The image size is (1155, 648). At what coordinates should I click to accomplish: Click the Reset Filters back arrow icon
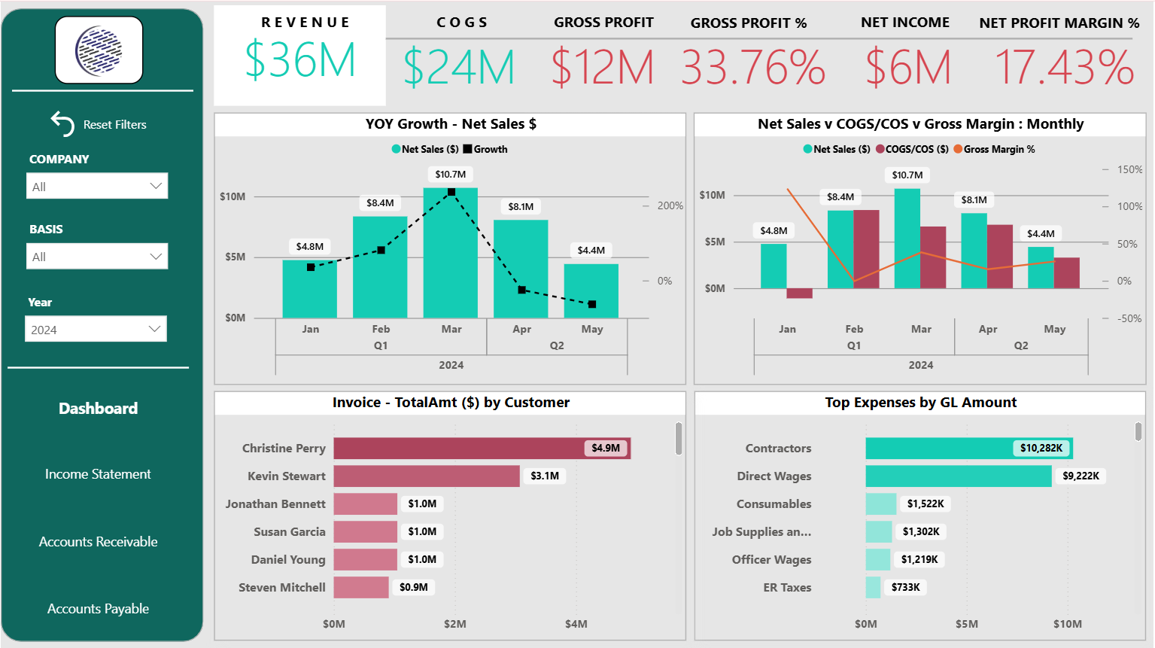coord(62,123)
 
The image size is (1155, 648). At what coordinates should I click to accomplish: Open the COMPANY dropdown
coord(97,186)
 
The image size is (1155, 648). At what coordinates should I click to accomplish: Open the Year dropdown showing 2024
coord(96,329)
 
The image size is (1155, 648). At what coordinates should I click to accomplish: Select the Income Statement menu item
coord(98,474)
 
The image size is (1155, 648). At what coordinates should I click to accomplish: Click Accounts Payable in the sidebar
coord(98,609)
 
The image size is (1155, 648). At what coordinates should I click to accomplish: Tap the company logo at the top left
coord(99,50)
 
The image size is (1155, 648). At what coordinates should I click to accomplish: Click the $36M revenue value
coord(299,61)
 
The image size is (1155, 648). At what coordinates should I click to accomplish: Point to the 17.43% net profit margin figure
coord(1064,67)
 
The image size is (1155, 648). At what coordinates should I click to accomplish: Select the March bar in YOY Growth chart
coord(451,256)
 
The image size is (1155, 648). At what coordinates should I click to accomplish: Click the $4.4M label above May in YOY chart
coord(591,250)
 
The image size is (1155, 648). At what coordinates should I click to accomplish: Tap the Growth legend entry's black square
coord(467,149)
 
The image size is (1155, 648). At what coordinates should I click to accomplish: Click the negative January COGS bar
coord(799,294)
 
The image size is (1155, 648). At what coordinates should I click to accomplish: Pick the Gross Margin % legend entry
coord(994,149)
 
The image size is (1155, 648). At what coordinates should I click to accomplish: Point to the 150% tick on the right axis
coord(1129,169)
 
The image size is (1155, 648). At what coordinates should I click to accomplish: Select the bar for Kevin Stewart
coord(427,476)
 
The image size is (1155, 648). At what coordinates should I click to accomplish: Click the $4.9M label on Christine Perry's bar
coord(606,448)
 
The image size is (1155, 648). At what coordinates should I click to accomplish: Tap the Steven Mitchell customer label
coord(282,587)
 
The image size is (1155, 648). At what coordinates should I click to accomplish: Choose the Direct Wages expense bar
coord(958,476)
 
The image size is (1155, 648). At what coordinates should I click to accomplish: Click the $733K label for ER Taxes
coord(905,587)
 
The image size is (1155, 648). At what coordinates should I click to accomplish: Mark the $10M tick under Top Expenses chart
coord(1067,624)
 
